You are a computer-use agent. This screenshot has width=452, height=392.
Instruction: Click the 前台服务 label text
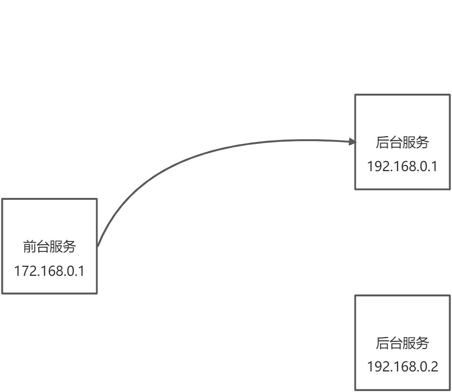(x=49, y=247)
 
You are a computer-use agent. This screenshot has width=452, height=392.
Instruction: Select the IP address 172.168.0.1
(x=49, y=271)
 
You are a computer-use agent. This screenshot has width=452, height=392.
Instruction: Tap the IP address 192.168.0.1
(x=402, y=166)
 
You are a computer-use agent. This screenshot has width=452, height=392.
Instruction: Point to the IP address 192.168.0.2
(x=402, y=367)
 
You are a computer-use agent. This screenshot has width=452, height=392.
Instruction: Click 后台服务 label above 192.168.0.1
(x=402, y=142)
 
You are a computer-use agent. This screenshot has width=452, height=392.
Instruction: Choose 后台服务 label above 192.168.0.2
(x=402, y=343)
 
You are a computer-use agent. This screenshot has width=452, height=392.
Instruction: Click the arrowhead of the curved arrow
(x=353, y=142)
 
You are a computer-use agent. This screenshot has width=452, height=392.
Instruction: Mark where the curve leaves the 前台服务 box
(x=98, y=246)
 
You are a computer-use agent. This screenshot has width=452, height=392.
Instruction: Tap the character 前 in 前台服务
(x=30, y=247)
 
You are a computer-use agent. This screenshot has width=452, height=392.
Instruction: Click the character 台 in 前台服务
(x=43, y=247)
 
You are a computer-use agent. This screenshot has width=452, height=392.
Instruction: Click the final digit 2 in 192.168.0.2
(x=434, y=367)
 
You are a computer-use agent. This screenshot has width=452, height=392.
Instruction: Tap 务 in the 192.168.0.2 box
(x=422, y=343)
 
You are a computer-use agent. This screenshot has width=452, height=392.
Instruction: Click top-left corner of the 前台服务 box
(x=2, y=199)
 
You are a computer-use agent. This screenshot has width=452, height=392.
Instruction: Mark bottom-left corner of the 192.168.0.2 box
(x=355, y=390)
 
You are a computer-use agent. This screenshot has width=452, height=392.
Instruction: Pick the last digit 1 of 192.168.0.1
(x=434, y=166)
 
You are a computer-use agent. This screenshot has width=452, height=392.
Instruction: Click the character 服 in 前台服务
(x=56, y=247)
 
